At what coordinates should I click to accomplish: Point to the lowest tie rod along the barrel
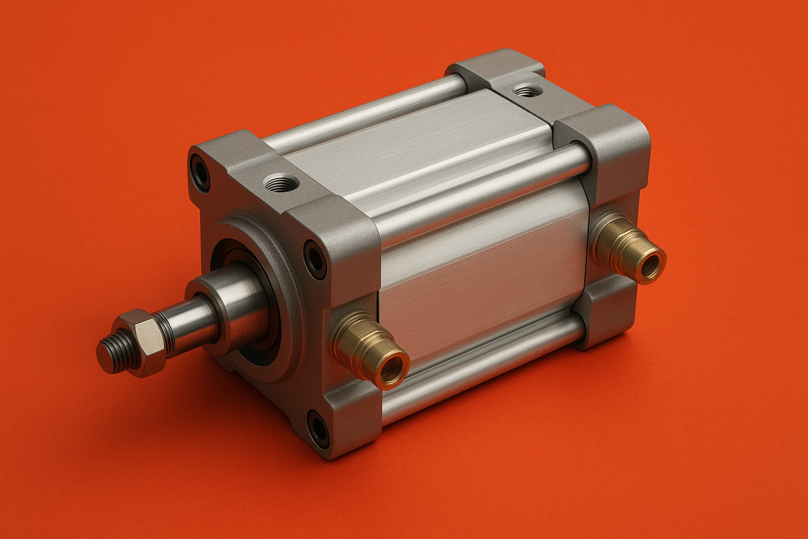pos(484,368)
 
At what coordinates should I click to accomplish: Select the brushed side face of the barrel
pos(479,279)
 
